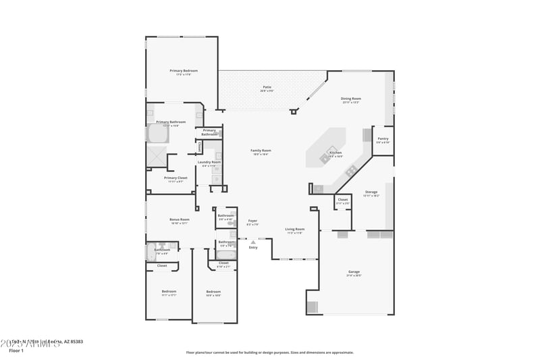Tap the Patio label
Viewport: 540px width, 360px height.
[x=267, y=87]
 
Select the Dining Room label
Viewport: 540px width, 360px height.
[x=351, y=99]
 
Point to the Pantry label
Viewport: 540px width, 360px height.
[x=383, y=138]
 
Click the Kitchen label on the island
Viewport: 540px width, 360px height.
[x=335, y=153]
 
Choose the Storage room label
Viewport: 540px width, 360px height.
[x=371, y=192]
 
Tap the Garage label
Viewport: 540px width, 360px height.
[x=354, y=272]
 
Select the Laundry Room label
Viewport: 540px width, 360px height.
[x=209, y=162]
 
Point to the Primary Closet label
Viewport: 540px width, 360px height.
[x=175, y=178]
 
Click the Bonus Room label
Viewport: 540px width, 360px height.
[x=180, y=220]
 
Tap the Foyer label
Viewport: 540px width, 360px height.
[x=252, y=221]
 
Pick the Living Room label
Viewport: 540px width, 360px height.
[x=295, y=229]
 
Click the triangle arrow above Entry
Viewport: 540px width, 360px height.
[x=253, y=242]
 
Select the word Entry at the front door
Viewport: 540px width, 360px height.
[x=253, y=248]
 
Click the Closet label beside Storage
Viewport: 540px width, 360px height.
[x=343, y=199]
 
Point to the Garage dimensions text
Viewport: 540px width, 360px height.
[x=354, y=276]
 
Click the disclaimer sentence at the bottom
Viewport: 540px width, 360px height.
[x=270, y=352]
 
